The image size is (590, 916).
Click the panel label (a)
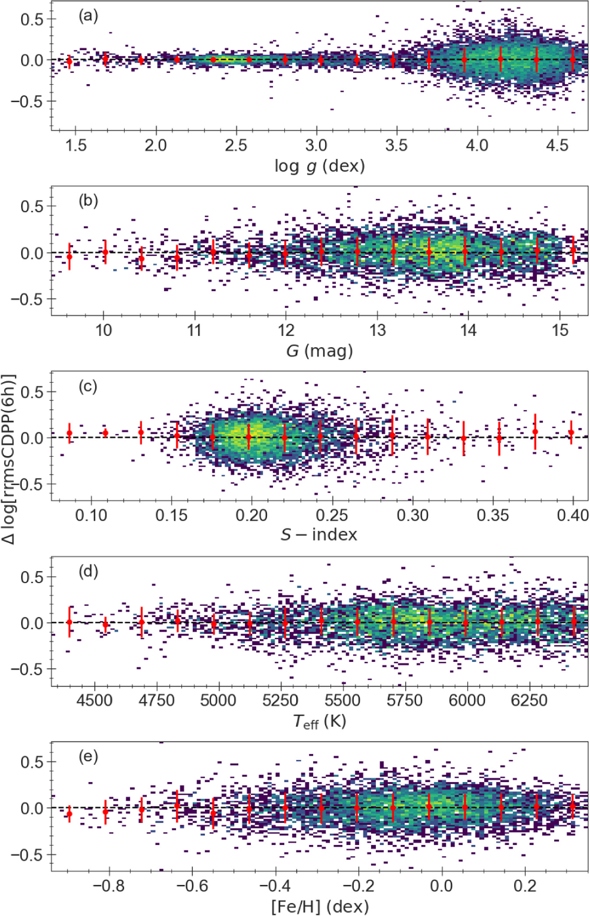tap(88, 16)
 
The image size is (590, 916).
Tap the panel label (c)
tap(88, 386)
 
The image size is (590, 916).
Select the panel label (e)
tap(88, 757)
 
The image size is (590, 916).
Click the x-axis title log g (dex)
tap(319, 166)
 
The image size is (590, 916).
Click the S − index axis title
tap(319, 534)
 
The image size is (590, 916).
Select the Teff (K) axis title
tap(319, 721)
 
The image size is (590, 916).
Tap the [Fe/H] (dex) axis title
tap(319, 906)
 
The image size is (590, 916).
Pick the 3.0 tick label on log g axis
tap(316, 145)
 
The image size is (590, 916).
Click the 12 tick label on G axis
tap(286, 330)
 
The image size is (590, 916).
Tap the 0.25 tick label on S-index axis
tap(332, 515)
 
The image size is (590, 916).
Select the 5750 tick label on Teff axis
tap(405, 700)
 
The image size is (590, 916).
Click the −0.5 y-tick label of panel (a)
tap(31, 101)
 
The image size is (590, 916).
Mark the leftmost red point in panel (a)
tap(69, 61)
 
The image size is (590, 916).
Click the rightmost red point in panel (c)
tap(571, 432)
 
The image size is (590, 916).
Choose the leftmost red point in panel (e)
tap(69, 814)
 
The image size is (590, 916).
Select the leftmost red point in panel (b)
tap(69, 257)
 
